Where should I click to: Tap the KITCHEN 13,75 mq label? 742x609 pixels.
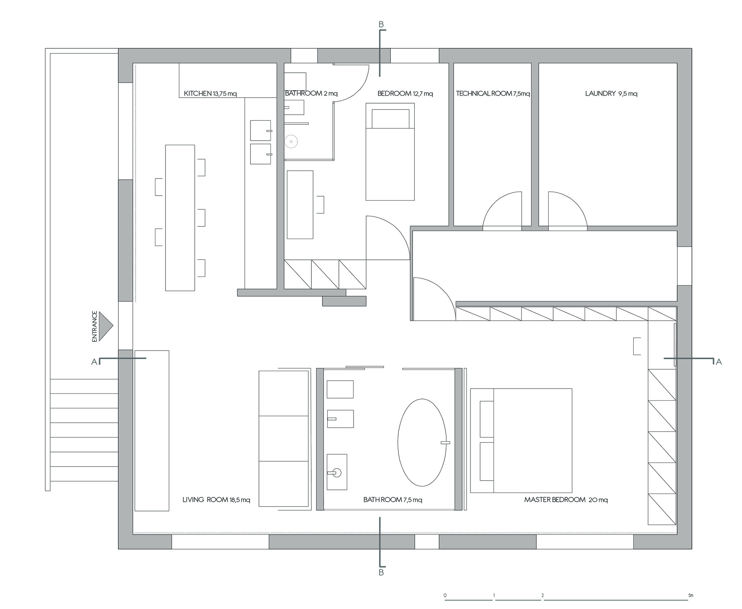210,94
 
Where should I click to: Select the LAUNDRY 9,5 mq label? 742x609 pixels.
611,94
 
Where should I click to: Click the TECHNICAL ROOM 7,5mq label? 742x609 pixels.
493,94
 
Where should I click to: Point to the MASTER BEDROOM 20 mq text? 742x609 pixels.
566,500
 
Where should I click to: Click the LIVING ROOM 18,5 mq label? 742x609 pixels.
216,500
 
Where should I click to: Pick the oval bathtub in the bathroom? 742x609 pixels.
422,442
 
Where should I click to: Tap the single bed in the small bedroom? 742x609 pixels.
390,152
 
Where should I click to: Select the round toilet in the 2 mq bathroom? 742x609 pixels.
292,141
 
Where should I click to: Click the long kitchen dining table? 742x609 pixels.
180,218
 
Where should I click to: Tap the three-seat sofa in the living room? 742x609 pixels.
284,439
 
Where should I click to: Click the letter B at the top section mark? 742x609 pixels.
381,24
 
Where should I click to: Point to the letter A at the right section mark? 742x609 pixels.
719,362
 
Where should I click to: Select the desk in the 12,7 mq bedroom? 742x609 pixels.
300,204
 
